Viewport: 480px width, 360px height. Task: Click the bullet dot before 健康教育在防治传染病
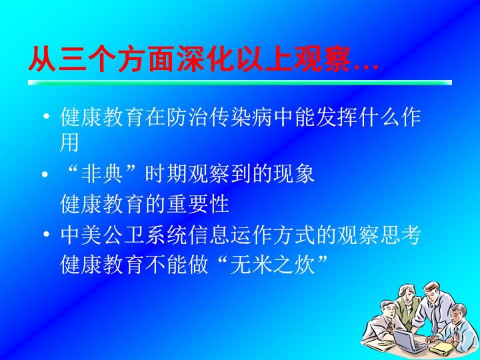[46, 117]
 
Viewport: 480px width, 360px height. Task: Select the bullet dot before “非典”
[45, 175]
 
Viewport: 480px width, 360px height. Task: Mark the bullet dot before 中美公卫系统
[46, 235]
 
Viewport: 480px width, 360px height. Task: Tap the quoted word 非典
[102, 175]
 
